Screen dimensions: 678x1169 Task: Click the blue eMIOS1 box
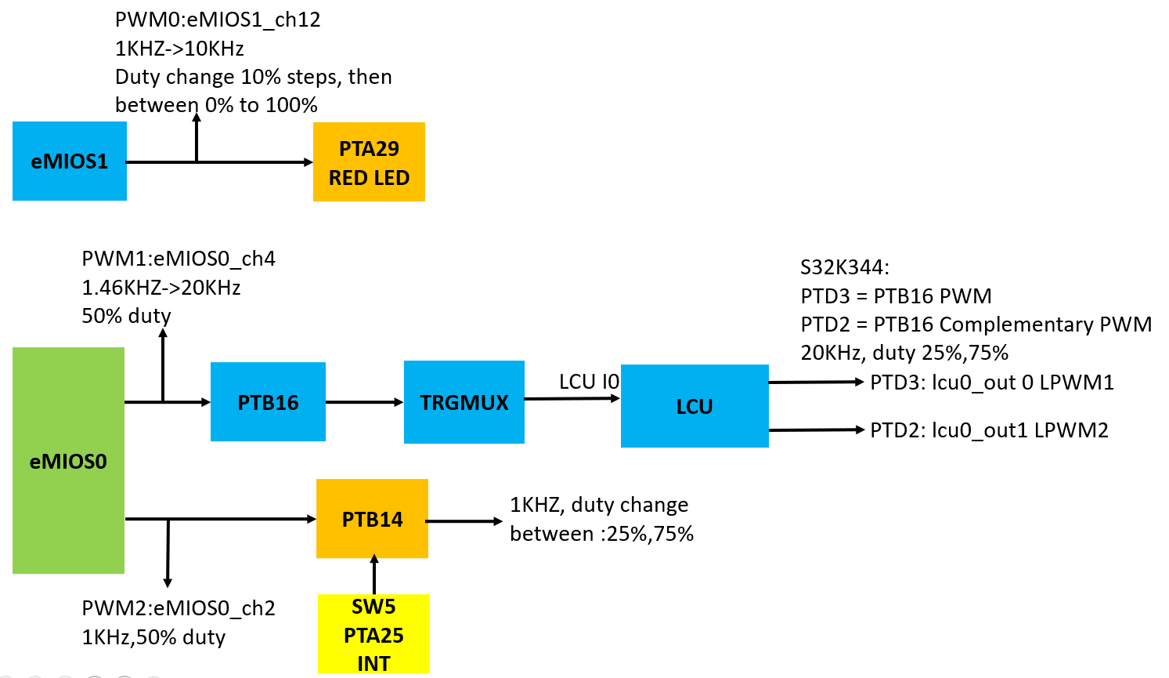[x=69, y=161]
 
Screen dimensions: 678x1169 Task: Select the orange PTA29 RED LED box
[x=369, y=162]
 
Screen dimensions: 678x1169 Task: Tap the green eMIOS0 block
[x=68, y=461]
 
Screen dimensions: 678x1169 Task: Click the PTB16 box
[x=268, y=402]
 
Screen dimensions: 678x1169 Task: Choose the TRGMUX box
[x=464, y=402]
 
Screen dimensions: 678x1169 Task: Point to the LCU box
[x=695, y=406]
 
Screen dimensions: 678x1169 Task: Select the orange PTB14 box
[x=372, y=519]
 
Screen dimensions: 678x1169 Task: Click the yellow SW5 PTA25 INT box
[x=373, y=634]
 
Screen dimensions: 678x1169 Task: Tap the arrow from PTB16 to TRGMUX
[x=364, y=402]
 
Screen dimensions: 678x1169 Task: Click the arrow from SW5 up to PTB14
[x=374, y=575]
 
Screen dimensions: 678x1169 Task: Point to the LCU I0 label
[x=589, y=382]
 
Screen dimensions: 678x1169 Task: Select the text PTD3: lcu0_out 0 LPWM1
[x=992, y=383]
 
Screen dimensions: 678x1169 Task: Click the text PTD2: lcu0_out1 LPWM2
[x=989, y=430]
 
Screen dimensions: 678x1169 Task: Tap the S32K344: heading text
[x=845, y=267]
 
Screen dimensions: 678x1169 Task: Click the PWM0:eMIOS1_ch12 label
[x=218, y=20]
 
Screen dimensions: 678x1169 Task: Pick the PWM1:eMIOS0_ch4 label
[x=179, y=259]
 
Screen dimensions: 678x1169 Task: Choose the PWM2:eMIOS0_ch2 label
[x=179, y=608]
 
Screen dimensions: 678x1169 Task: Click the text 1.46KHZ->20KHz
[x=161, y=288]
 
